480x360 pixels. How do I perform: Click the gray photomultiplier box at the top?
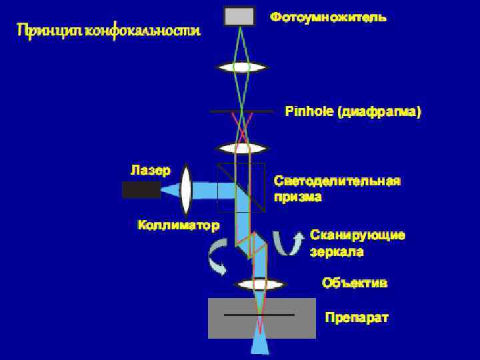coord(239,16)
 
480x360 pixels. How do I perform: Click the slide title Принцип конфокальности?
coord(108,31)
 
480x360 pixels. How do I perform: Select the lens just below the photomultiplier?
coord(241,67)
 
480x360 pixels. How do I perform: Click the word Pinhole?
coord(309,112)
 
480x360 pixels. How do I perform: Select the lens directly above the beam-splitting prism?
coord(241,147)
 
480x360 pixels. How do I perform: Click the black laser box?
coord(141,190)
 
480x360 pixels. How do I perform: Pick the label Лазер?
coord(150,169)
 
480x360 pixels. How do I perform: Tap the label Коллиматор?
coord(178,225)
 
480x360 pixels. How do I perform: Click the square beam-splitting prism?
coord(241,187)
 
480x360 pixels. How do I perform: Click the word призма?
coord(298,197)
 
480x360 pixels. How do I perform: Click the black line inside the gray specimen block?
coord(259,314)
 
